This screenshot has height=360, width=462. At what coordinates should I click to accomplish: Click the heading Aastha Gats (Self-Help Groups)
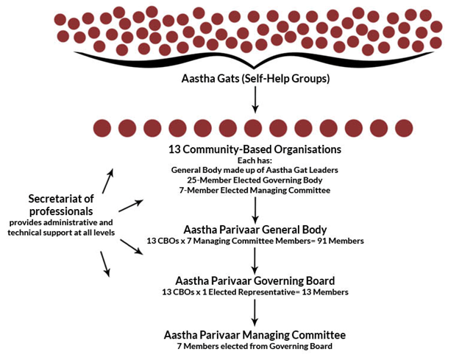pyautogui.click(x=255, y=79)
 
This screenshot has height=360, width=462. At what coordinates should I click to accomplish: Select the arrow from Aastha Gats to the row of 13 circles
pyautogui.click(x=255, y=99)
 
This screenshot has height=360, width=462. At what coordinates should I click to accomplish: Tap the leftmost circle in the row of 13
pyautogui.click(x=102, y=128)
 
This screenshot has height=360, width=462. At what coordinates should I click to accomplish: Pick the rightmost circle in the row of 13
pyautogui.click(x=404, y=128)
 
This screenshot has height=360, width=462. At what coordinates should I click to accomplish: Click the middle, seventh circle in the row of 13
pyautogui.click(x=253, y=128)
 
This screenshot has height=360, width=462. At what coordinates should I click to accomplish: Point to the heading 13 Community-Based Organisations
pyautogui.click(x=255, y=149)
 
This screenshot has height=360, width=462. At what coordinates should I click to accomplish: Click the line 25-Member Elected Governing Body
pyautogui.click(x=255, y=180)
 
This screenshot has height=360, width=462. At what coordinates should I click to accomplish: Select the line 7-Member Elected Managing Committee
pyautogui.click(x=255, y=190)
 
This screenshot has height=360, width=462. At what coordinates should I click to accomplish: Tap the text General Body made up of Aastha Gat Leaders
pyautogui.click(x=255, y=170)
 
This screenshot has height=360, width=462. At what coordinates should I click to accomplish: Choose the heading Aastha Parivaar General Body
pyautogui.click(x=255, y=230)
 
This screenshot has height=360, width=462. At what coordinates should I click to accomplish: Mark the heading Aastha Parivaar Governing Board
pyautogui.click(x=255, y=280)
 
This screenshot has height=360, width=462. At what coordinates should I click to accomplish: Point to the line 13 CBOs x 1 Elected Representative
pyautogui.click(x=228, y=292)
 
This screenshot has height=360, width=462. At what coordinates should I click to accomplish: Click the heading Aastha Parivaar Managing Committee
pyautogui.click(x=255, y=335)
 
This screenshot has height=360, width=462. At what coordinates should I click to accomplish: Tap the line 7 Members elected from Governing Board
pyautogui.click(x=255, y=346)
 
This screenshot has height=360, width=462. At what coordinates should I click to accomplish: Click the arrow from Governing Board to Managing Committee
pyautogui.click(x=255, y=313)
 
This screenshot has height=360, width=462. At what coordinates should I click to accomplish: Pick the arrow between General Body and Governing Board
pyautogui.click(x=255, y=261)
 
